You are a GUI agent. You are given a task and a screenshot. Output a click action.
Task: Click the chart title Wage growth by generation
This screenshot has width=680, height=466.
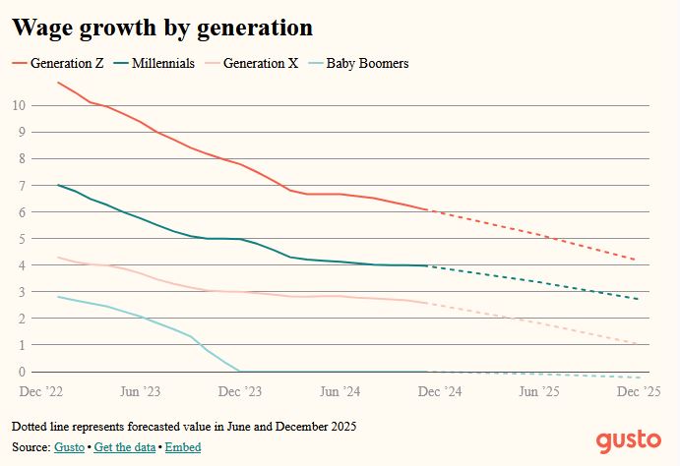[162, 28]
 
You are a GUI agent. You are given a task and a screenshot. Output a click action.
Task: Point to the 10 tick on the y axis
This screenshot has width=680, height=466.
[19, 105]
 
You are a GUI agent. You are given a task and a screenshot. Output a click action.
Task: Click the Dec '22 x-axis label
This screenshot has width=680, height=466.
[42, 390]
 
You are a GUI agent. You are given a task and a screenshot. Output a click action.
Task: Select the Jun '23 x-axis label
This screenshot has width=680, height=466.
[140, 390]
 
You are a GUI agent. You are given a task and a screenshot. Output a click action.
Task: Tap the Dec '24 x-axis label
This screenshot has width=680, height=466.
[440, 390]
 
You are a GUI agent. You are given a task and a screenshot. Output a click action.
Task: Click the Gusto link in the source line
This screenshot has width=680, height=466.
[68, 447]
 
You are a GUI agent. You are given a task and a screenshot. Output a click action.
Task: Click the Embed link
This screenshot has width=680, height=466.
[183, 447]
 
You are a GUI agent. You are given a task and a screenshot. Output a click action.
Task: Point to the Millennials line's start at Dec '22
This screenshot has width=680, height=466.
[59, 185]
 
